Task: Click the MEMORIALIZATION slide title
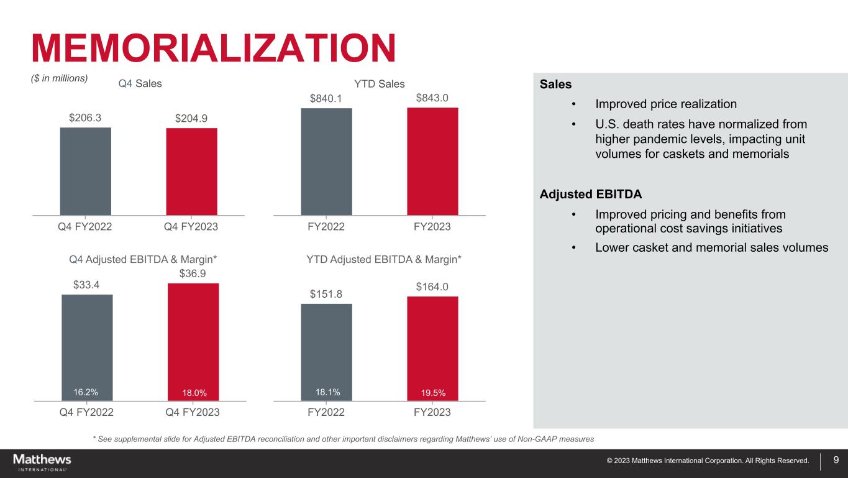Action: coord(214,48)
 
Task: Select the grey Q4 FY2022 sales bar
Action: coord(86,171)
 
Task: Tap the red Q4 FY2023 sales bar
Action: coord(192,172)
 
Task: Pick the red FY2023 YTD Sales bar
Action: coord(432,162)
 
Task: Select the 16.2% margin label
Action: coord(86,392)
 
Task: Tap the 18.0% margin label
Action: coord(194,392)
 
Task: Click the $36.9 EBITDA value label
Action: coord(194,273)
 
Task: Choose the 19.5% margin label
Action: coord(434,392)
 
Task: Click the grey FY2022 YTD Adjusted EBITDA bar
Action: coord(326,351)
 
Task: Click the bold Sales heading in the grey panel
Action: coord(556,83)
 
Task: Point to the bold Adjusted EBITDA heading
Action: coord(591,194)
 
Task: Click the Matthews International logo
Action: coord(42,462)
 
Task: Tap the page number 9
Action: coord(836,461)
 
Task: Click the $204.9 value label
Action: coord(192,118)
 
